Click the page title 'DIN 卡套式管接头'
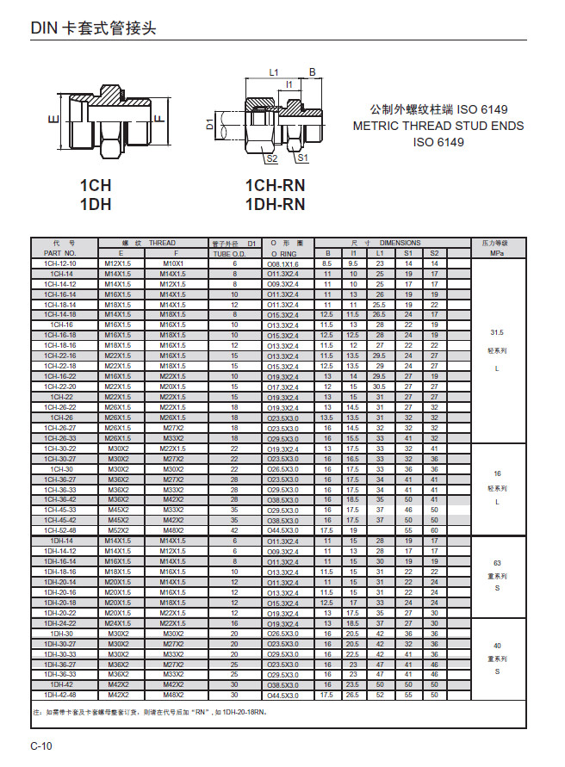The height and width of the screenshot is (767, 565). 94,28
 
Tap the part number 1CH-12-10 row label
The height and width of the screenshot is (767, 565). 60,263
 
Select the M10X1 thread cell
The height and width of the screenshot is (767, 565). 172,263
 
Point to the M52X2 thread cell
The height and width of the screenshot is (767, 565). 118,530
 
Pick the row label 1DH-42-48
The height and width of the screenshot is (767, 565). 60,695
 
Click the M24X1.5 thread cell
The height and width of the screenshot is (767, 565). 118,622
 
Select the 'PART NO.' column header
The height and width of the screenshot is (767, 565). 60,254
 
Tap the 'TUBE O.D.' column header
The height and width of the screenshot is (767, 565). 234,254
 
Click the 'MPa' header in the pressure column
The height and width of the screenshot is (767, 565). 497,254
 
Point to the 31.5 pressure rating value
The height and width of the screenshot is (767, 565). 497,331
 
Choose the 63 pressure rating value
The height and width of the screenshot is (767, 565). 497,563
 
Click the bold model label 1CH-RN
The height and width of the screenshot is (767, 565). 275,186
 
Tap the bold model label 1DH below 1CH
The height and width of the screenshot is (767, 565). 96,205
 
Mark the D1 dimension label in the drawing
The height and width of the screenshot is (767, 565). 209,124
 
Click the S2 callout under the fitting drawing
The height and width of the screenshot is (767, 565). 271,158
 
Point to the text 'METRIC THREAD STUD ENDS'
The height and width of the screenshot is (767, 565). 438,126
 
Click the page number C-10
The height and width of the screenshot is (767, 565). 41,745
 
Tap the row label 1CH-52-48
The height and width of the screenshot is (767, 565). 60,530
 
